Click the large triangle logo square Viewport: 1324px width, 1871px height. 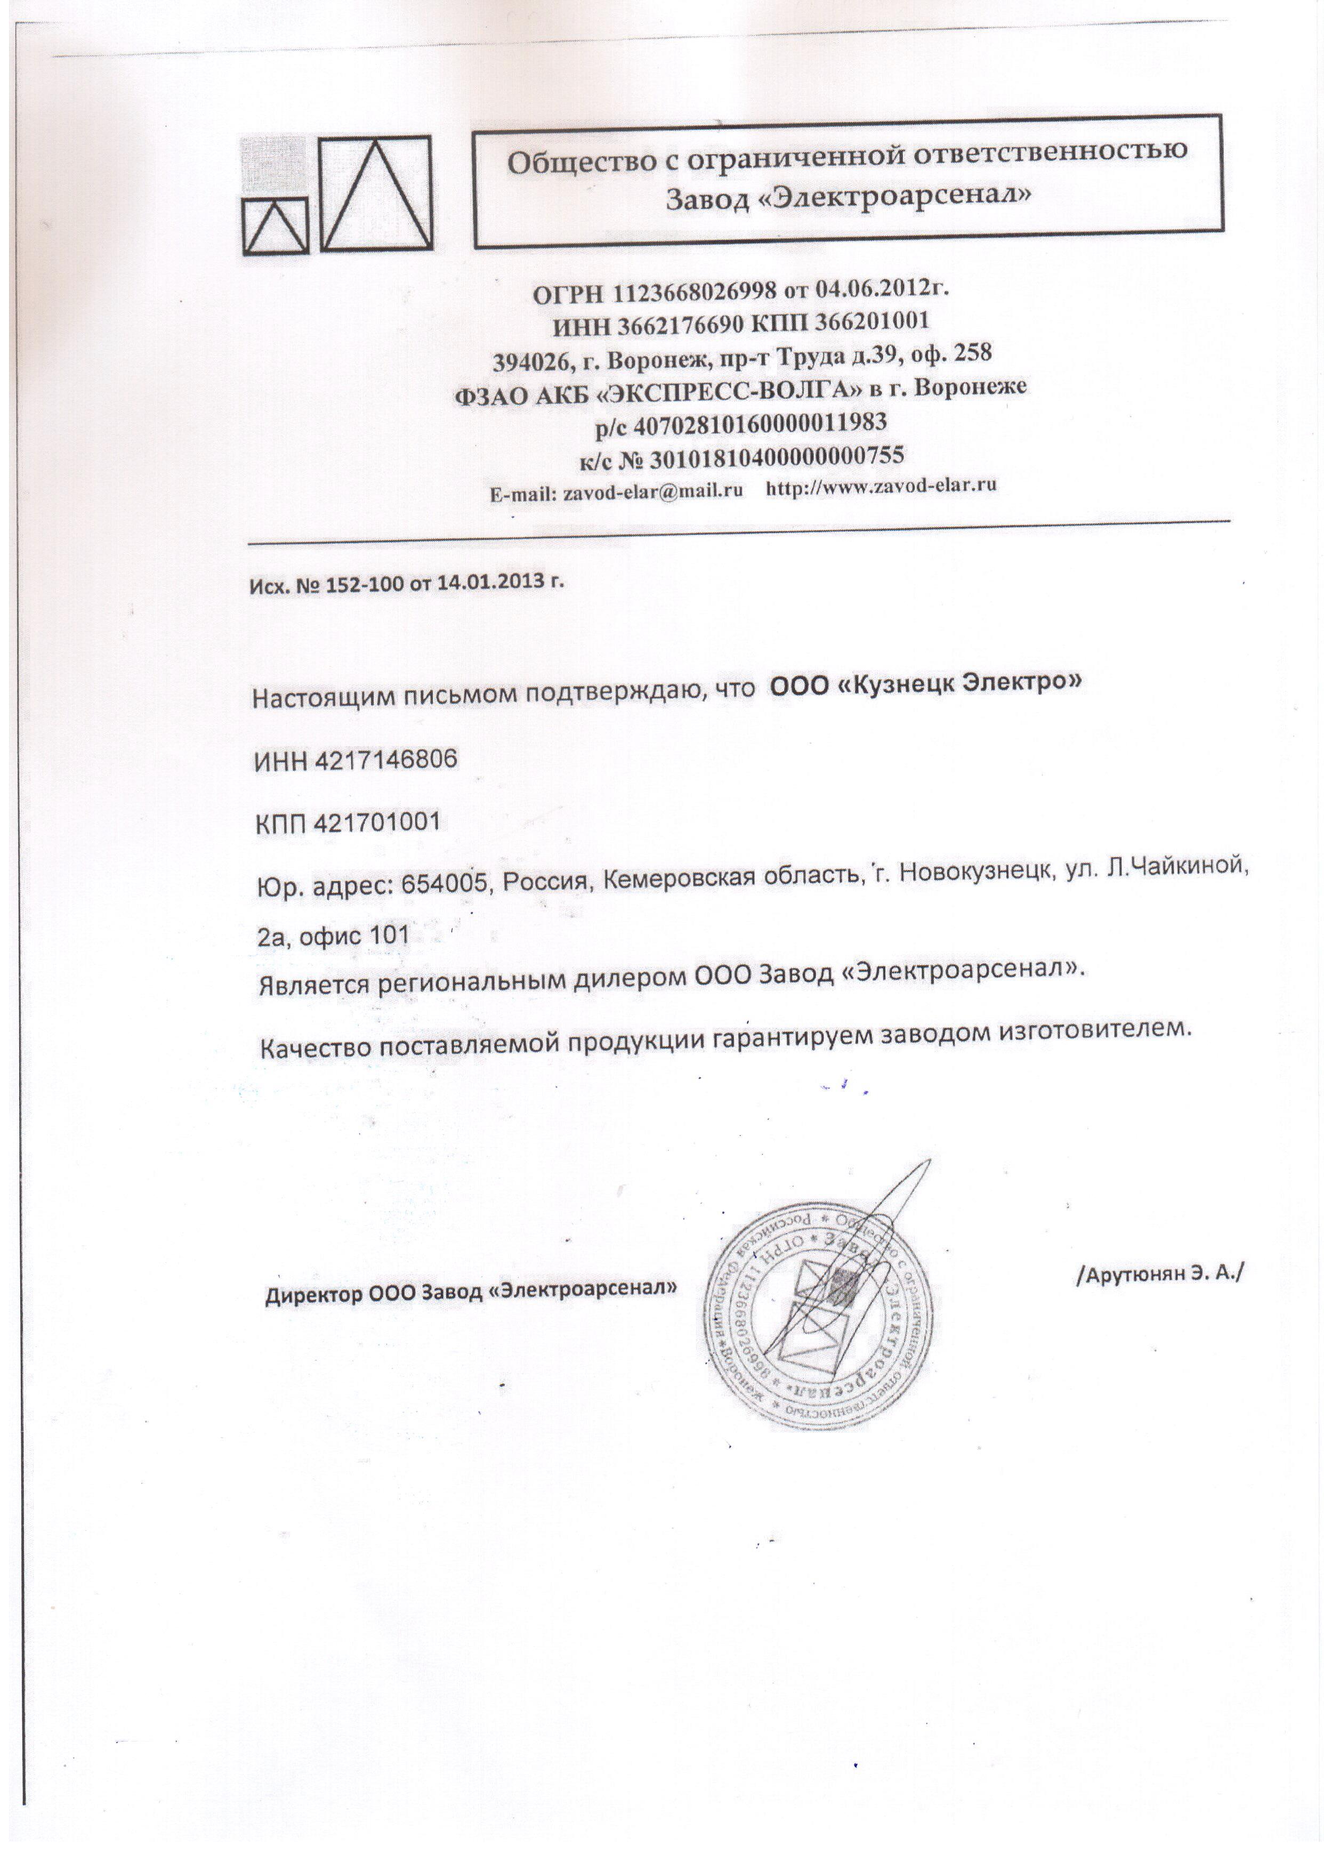point(375,193)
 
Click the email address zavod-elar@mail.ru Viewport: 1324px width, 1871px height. point(653,491)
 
